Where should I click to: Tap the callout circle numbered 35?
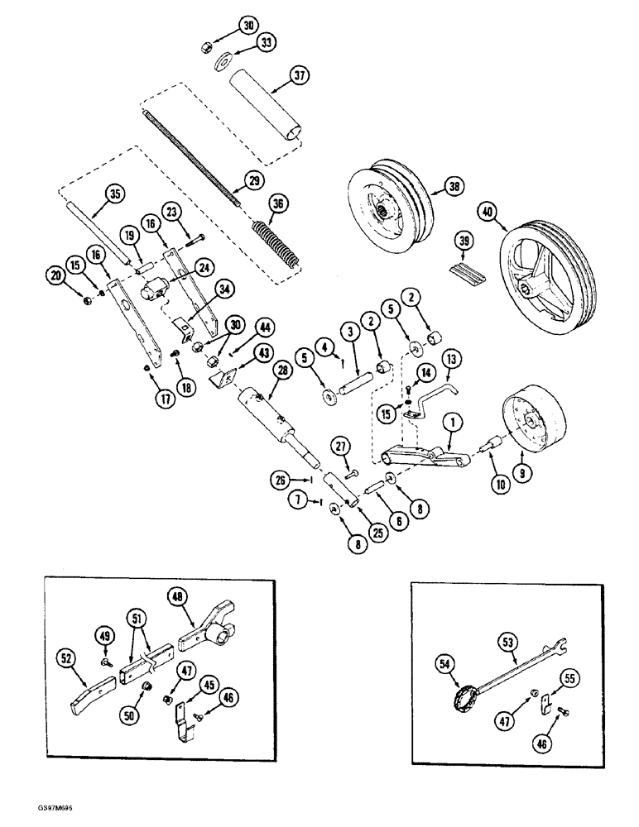[x=113, y=195]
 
